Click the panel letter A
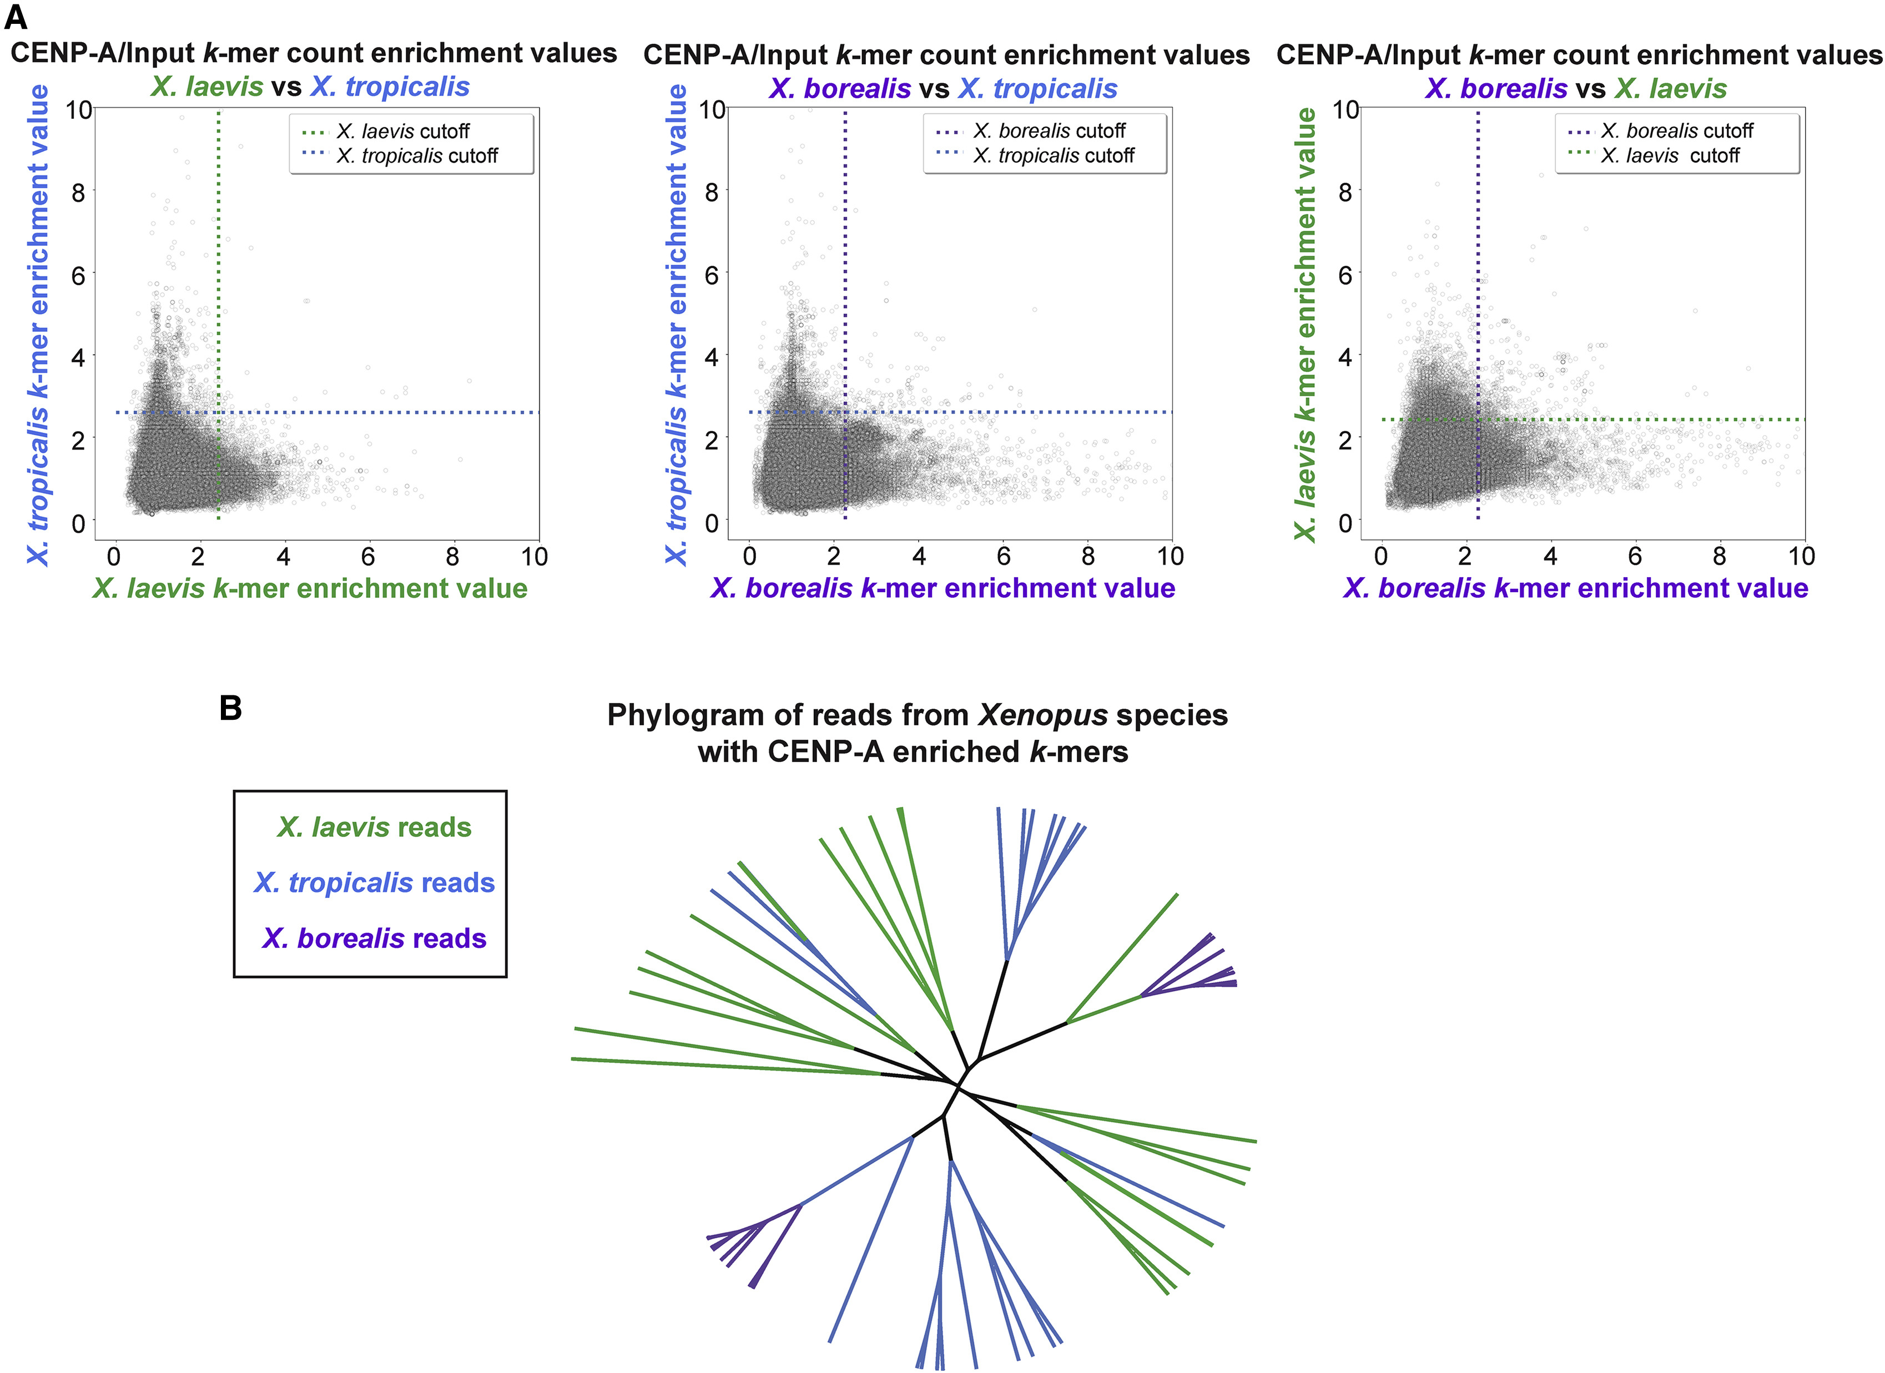click(x=16, y=17)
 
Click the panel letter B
click(x=230, y=708)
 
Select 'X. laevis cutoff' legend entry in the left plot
click(x=403, y=132)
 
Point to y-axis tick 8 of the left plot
click(x=78, y=193)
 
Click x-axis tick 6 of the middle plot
click(x=1003, y=556)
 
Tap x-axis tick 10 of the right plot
click(x=1801, y=556)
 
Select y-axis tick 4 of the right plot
click(x=1345, y=357)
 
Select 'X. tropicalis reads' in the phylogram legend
click(x=374, y=882)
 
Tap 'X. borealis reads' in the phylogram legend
click(x=374, y=938)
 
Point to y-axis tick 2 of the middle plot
click(x=712, y=441)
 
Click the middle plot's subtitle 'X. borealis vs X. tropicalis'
click(x=942, y=88)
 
